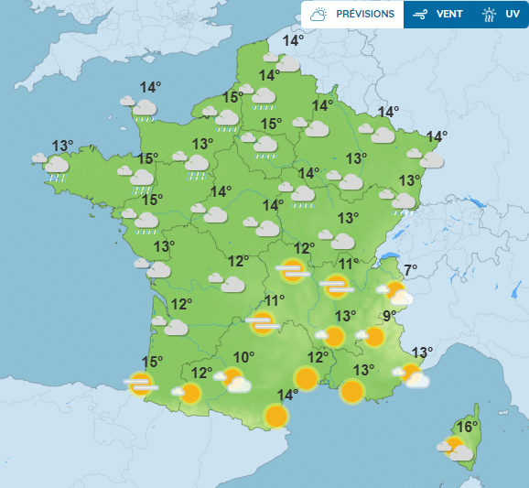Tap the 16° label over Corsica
[x=468, y=428]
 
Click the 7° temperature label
[x=411, y=269]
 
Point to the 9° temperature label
[x=390, y=317]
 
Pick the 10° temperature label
[x=243, y=358]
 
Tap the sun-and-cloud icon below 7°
[x=395, y=293]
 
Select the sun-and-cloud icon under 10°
[x=233, y=379]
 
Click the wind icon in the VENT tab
[x=420, y=15]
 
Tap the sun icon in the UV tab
[x=491, y=15]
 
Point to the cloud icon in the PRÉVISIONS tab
[x=319, y=15]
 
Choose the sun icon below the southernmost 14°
[x=276, y=417]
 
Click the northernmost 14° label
[x=293, y=40]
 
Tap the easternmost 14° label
[x=437, y=136]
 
